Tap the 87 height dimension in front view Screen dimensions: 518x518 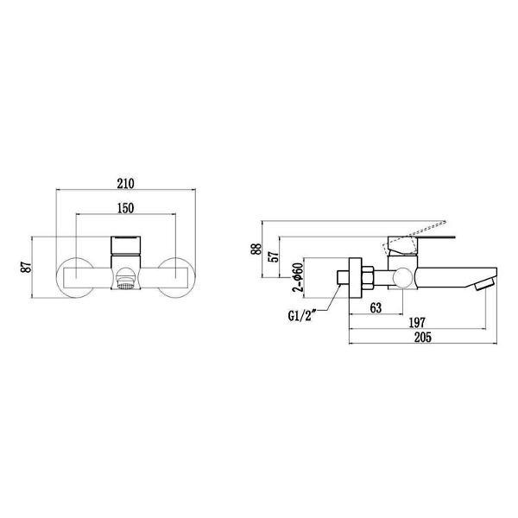27,266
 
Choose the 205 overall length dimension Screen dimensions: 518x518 421,337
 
